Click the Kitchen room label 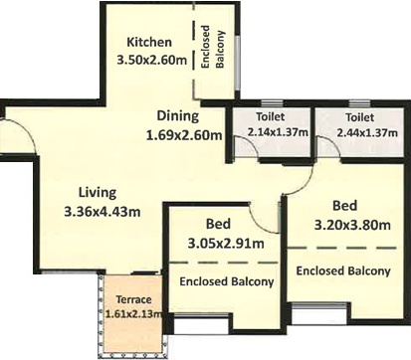click(149, 42)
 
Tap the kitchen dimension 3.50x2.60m click(152, 60)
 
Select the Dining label click(178, 116)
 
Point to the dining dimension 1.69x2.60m click(184, 135)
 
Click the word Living click(98, 193)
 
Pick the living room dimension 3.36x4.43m click(103, 212)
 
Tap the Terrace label click(133, 299)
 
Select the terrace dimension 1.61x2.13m click(133, 313)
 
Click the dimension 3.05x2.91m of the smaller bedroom click(226, 244)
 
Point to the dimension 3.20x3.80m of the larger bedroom click(352, 225)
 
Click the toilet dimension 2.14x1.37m click(278, 132)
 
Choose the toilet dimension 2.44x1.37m click(367, 132)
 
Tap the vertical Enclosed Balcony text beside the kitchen click(213, 47)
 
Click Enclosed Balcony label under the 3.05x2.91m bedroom click(227, 281)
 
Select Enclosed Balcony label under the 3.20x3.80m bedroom click(343, 270)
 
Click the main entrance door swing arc click(28, 130)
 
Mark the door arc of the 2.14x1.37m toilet click(252, 142)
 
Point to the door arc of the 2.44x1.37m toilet click(333, 143)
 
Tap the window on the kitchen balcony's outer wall click(237, 62)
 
